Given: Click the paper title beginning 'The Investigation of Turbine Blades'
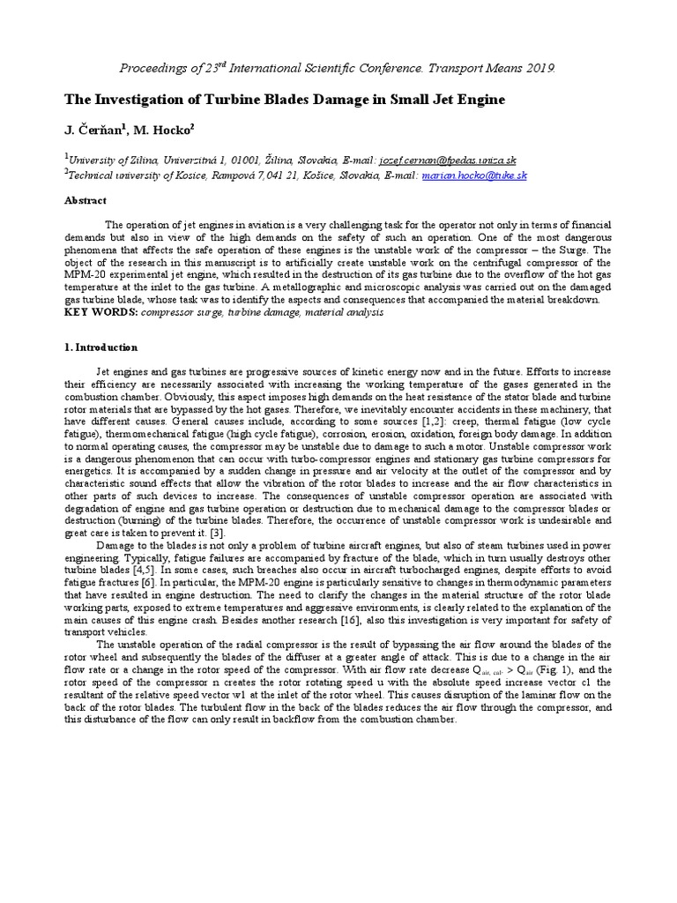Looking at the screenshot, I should click(285, 100).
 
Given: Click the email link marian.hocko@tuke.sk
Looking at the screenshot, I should click(474, 175).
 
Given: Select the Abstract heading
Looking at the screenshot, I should click(86, 200).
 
